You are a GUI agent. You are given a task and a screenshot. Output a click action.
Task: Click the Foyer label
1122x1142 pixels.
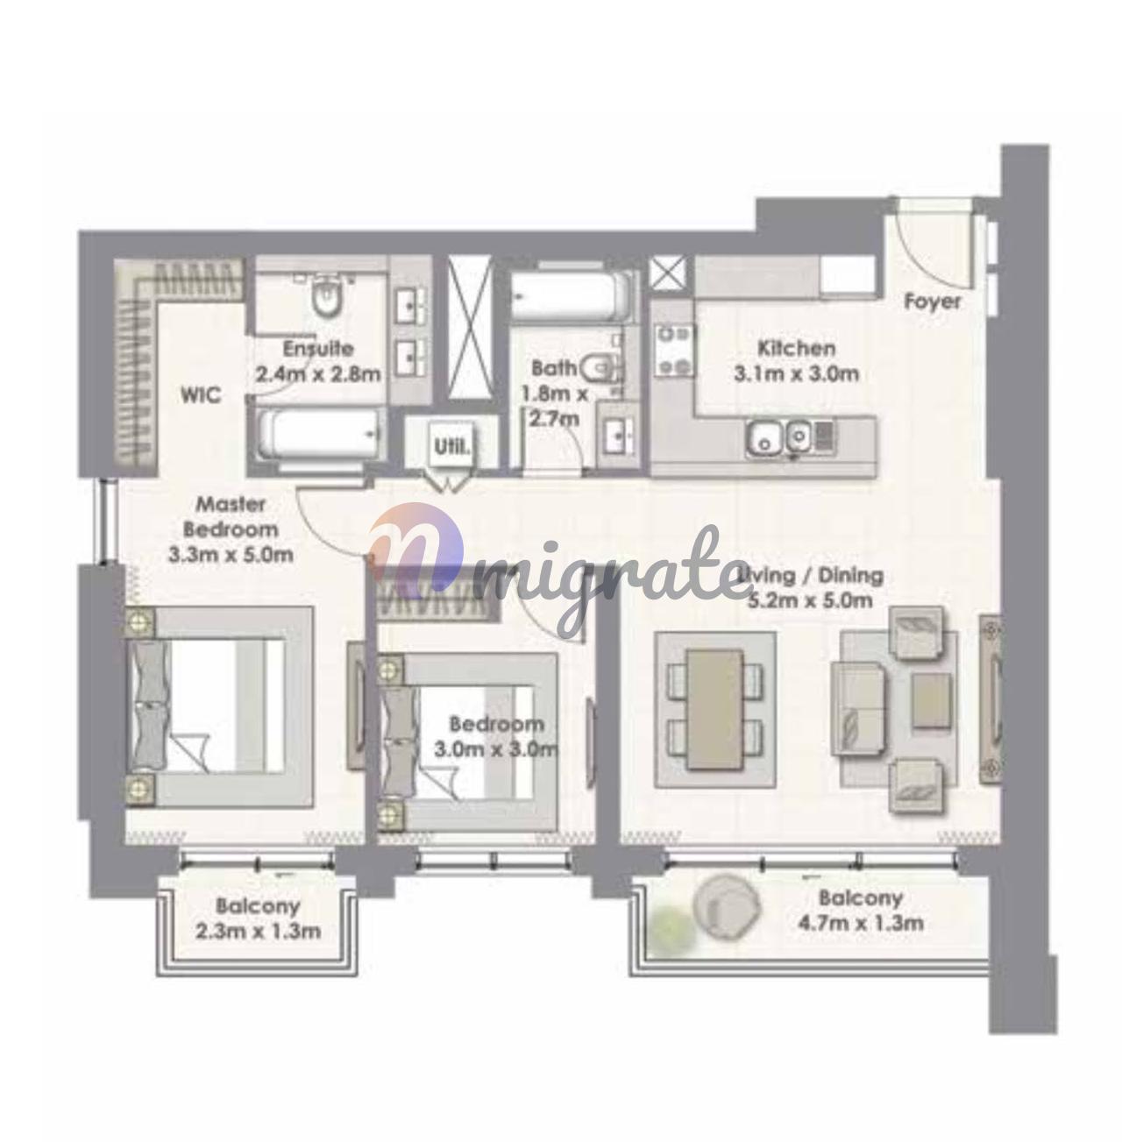click(932, 301)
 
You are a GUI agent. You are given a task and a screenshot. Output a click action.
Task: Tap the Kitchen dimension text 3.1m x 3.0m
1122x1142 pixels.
click(796, 374)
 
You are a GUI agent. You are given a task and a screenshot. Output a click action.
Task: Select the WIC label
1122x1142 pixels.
click(201, 394)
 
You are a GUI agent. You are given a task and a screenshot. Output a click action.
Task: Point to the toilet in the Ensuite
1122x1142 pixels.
click(325, 297)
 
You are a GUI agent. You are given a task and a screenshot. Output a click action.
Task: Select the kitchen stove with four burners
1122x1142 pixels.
click(674, 351)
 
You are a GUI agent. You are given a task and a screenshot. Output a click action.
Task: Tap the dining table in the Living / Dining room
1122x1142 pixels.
click(714, 709)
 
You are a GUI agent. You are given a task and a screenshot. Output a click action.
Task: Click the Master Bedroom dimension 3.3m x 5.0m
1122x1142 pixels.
click(230, 556)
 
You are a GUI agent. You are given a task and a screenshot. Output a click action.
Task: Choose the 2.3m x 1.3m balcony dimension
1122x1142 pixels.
click(258, 931)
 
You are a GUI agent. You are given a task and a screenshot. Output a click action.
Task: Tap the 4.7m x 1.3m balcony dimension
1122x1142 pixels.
click(860, 923)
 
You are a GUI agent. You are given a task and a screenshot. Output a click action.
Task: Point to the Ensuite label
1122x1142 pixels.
click(317, 349)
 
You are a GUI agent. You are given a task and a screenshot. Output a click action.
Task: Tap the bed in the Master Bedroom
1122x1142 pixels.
click(219, 706)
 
